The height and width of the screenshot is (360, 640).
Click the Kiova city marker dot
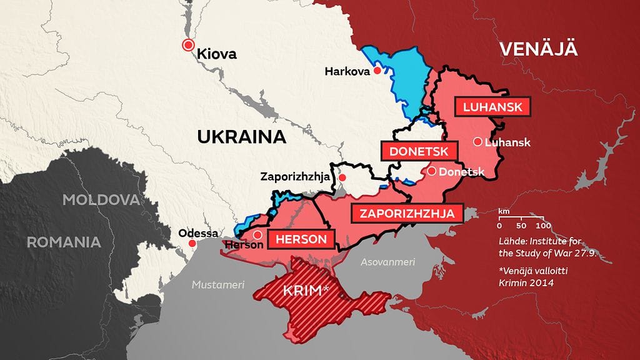tap(187, 44)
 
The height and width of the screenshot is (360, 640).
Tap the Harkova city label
tap(347, 72)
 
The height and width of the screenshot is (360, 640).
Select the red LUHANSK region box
tap(492, 107)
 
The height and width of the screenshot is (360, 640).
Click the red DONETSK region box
tap(419, 151)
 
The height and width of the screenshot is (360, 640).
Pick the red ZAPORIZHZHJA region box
tap(407, 214)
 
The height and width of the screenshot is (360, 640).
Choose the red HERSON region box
tap(301, 239)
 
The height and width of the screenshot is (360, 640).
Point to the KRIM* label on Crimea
tap(306, 291)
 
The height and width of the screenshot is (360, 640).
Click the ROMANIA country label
tap(64, 242)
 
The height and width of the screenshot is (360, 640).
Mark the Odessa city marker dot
tap(196, 244)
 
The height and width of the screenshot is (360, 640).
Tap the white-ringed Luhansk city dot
tap(477, 141)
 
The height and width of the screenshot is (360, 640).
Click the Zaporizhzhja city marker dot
tap(342, 178)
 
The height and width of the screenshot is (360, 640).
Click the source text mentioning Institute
tap(539, 247)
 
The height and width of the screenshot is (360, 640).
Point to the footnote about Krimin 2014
tap(529, 277)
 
